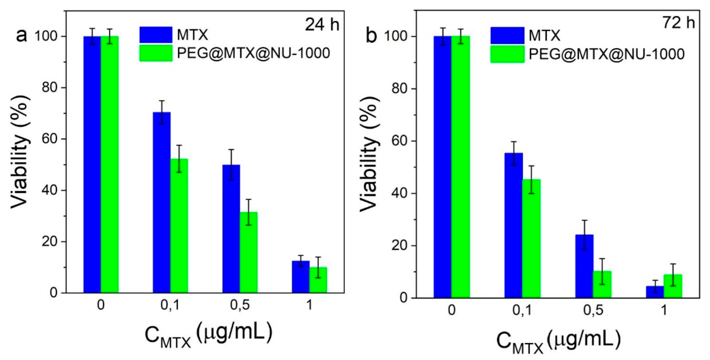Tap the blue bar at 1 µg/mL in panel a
coord(300,277)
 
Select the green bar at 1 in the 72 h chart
coord(672,286)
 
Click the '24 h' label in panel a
coord(322,25)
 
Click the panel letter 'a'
coord(22,36)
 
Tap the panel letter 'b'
coord(371,37)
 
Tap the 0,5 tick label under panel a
coord(240,305)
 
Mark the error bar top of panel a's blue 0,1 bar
coord(162,101)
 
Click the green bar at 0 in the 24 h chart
coord(110,165)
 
